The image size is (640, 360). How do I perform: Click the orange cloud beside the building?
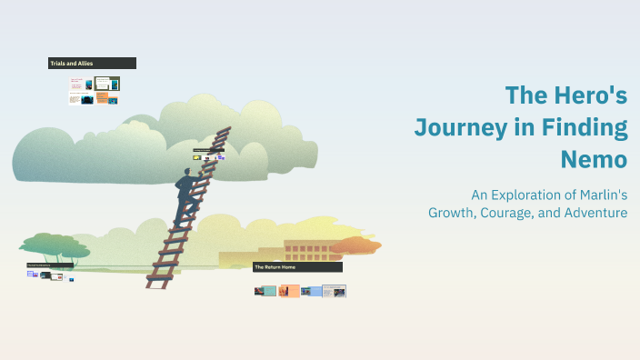356,245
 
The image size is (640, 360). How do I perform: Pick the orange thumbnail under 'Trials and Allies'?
103,98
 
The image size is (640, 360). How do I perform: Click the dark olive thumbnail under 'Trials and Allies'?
107,84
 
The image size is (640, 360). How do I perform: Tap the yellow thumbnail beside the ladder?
196,158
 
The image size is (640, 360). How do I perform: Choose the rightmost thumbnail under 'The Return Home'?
335,291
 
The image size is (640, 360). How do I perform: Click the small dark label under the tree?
50,265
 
